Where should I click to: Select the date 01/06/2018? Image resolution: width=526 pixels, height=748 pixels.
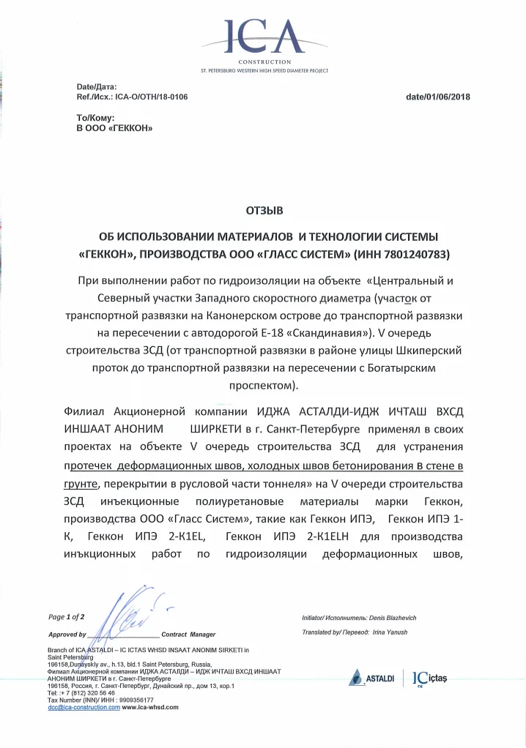point(448,97)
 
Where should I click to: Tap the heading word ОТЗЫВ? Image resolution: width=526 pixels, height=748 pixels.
point(263,210)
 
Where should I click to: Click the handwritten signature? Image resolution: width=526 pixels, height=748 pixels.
point(129,618)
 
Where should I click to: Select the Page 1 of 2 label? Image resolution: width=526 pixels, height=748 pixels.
point(67,617)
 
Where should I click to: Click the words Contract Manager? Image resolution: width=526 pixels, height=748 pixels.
point(188,634)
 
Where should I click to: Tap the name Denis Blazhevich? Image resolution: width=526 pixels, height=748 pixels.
point(384,618)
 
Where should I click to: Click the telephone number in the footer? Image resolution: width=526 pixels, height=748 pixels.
point(85,692)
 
